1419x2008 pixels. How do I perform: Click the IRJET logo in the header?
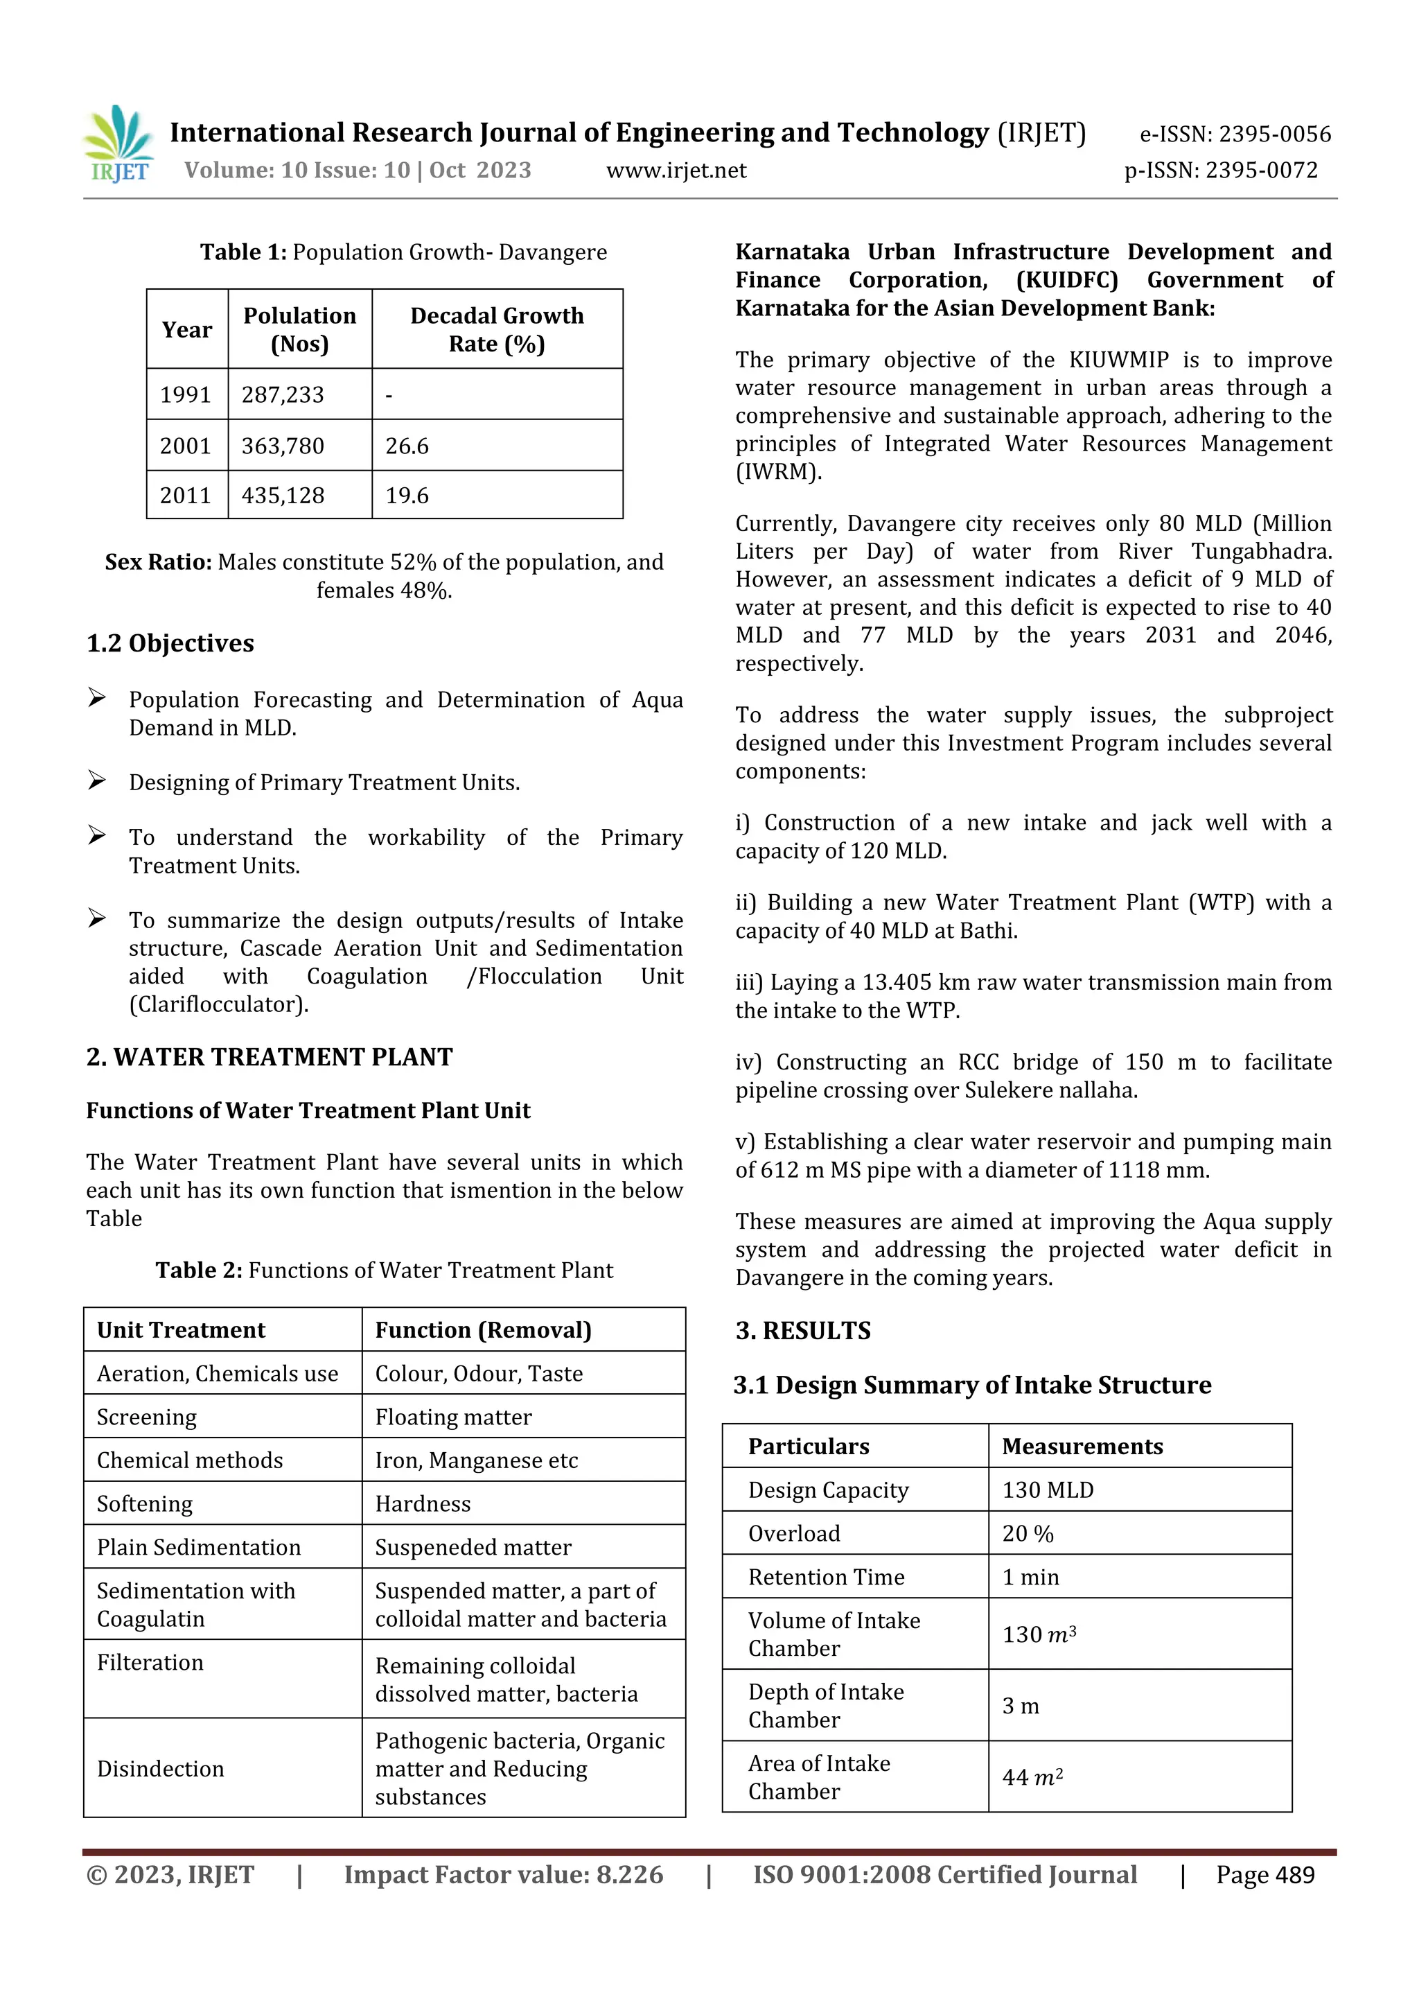pyautogui.click(x=119, y=144)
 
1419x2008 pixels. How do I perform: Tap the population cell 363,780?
pyautogui.click(x=283, y=446)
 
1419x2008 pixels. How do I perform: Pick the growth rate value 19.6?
pyautogui.click(x=407, y=496)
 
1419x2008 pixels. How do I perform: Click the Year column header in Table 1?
pyautogui.click(x=186, y=330)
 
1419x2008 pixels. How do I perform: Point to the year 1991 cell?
pyautogui.click(x=186, y=395)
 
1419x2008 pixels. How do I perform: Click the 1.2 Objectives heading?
pyautogui.click(x=170, y=644)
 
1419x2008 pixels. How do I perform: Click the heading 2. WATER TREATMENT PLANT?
pyautogui.click(x=270, y=1057)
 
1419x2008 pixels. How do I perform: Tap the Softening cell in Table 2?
pyautogui.click(x=144, y=1504)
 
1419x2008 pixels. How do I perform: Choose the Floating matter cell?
pyautogui.click(x=453, y=1417)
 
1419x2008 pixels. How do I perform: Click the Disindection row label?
pyautogui.click(x=160, y=1770)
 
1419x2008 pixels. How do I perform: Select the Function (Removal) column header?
pyautogui.click(x=483, y=1330)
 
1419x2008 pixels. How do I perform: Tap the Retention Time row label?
pyautogui.click(x=825, y=1578)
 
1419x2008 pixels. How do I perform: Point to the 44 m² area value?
pyautogui.click(x=1032, y=1778)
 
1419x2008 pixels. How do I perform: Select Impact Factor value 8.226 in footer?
pyautogui.click(x=503, y=1875)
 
